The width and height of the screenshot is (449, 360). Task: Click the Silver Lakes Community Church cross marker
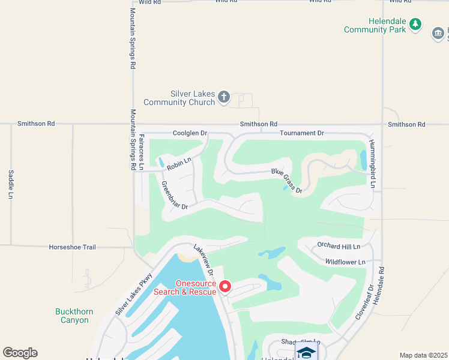(x=224, y=97)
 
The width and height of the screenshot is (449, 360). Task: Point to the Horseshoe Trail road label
(x=72, y=247)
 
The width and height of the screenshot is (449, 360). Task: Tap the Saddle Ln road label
(x=11, y=184)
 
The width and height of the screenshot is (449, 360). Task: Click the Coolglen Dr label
(x=190, y=133)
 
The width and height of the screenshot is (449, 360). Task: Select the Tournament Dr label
(x=302, y=133)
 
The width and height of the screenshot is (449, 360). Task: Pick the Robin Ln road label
(x=179, y=163)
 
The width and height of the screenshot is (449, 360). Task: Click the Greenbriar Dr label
(x=175, y=196)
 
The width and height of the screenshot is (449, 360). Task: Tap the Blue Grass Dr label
(x=286, y=180)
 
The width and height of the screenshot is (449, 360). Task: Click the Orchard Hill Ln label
(x=339, y=246)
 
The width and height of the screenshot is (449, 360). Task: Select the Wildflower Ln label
(x=345, y=262)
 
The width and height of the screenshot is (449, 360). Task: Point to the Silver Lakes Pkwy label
(x=134, y=295)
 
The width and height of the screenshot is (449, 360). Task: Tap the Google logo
(x=20, y=353)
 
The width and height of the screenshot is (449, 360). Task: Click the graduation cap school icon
(x=306, y=352)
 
